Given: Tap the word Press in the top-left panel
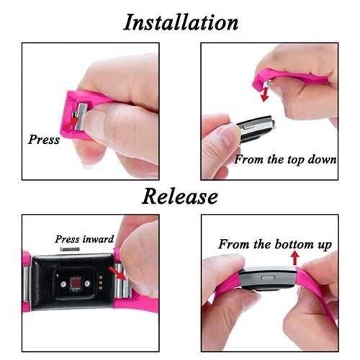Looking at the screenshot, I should coord(44,139).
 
